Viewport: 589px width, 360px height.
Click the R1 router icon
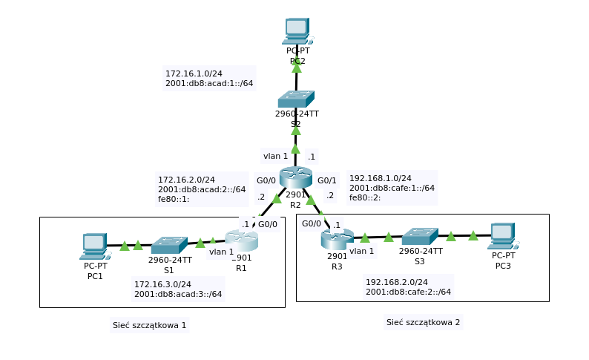tap(241, 240)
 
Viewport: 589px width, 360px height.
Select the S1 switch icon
tap(170, 246)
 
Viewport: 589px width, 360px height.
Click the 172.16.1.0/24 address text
tap(194, 73)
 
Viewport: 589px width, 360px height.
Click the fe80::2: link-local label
tap(366, 198)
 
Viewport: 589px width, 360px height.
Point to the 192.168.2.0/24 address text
tap(397, 282)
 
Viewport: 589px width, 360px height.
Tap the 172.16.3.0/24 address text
tap(162, 284)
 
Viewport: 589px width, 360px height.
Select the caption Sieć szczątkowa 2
tap(423, 322)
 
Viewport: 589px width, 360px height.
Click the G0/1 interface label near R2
tap(327, 180)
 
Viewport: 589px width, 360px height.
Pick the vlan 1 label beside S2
tap(275, 156)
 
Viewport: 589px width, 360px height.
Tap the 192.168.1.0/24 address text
tap(380, 179)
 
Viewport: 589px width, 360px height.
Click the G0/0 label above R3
tap(312, 223)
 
